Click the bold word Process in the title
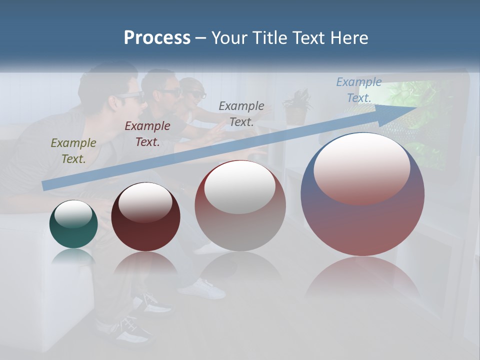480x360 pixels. [157, 38]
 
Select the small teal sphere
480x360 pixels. [73, 224]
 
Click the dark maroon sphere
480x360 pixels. [145, 217]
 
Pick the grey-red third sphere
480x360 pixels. [240, 206]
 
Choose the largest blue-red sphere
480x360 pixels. [362, 194]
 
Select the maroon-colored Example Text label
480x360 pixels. [147, 134]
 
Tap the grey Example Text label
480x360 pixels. [241, 113]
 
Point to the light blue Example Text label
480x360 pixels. [359, 90]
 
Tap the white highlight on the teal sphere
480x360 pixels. [73, 214]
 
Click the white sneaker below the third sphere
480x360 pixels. [202, 288]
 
